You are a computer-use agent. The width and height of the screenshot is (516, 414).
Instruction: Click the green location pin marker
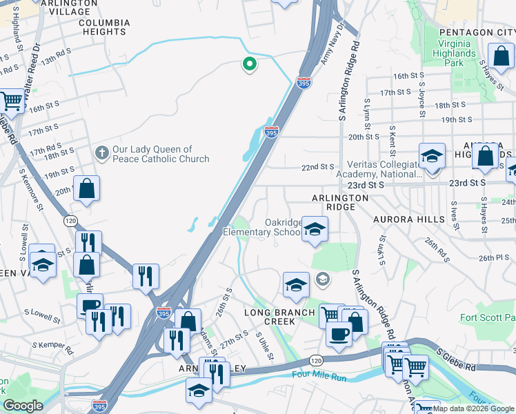coord(249,65)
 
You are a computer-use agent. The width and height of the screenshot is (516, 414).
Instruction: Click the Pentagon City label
coord(477,32)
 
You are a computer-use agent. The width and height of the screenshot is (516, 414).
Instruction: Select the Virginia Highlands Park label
coord(453,52)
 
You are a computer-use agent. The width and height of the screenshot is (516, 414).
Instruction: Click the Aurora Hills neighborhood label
coord(409,219)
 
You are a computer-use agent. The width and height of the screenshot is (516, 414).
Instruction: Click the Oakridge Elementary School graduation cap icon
coord(315,228)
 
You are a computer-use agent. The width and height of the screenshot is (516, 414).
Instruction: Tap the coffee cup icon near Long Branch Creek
coord(338,333)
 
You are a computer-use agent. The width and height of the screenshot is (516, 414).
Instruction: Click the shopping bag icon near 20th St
coord(87,188)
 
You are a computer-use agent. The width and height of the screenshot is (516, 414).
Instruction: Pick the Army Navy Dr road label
coord(332,43)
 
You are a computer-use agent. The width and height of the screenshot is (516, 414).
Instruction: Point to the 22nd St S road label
coord(318,167)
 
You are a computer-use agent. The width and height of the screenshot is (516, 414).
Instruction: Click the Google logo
coord(23,406)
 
